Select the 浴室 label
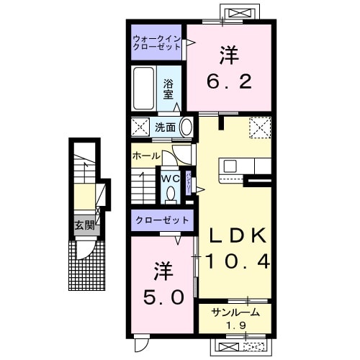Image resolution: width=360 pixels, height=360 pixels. [x=169, y=89]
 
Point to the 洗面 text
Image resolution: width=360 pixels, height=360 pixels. [x=165, y=127]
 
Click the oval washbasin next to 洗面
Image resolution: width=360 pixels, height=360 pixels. [x=186, y=127]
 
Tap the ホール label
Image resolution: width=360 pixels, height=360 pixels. [x=146, y=155]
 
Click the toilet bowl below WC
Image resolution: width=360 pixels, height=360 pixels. [x=171, y=193]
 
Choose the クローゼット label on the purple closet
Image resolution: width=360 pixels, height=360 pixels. [x=162, y=220]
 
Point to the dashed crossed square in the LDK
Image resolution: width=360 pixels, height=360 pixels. [x=258, y=127]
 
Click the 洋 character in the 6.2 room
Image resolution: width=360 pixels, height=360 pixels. [x=229, y=55]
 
